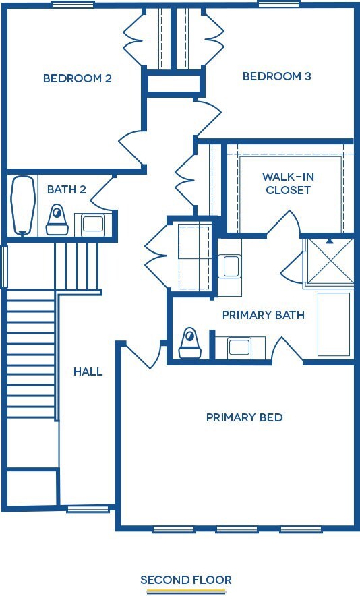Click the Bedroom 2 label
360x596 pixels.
coord(77,78)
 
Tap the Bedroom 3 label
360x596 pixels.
coord(276,76)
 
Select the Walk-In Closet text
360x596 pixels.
coord(288,183)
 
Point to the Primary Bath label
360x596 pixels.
coord(263,315)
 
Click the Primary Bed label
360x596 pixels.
coord(244,417)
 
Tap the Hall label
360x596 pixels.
coord(88,371)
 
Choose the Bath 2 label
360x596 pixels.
coord(66,189)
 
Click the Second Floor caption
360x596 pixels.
coord(185,580)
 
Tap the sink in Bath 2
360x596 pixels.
coord(92,223)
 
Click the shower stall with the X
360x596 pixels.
coord(328,261)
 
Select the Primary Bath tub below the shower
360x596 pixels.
coord(334,324)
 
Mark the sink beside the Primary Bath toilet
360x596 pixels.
coord(239,347)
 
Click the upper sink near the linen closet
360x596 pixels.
coord(230,266)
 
